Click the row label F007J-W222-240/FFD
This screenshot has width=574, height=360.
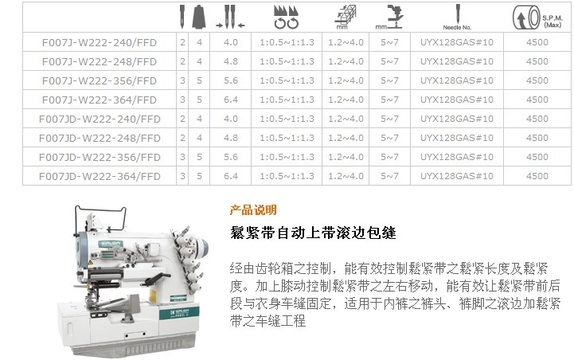[100, 42]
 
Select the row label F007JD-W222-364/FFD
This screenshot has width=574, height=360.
[100, 176]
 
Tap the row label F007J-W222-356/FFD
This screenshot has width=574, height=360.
[100, 80]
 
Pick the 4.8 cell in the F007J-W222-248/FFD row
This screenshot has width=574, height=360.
[231, 61]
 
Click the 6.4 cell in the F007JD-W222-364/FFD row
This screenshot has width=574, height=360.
[231, 176]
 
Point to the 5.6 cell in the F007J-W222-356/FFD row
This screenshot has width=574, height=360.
[231, 80]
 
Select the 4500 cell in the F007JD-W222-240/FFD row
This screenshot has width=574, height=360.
[537, 119]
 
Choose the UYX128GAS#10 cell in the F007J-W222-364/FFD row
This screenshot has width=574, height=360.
[456, 100]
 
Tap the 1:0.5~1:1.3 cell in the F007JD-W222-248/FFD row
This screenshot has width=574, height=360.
[287, 138]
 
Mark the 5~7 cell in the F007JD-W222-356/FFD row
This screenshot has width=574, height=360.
[389, 157]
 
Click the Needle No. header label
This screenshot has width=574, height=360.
[457, 27]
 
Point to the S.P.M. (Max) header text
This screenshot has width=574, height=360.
[553, 22]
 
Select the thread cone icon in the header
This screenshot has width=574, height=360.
[199, 17]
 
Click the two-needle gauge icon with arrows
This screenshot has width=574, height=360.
[230, 17]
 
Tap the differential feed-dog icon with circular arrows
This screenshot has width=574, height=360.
[287, 17]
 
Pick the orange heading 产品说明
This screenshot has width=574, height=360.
[253, 209]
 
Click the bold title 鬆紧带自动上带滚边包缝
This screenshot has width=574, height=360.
[313, 233]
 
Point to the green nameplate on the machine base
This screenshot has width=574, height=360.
[179, 313]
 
